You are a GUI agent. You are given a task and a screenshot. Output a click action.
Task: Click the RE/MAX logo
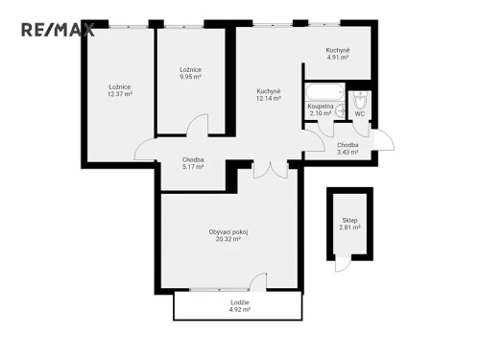coord(58,29)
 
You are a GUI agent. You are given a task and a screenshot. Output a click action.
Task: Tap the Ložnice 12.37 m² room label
coord(120,91)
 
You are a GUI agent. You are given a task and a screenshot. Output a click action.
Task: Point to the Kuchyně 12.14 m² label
coord(268,95)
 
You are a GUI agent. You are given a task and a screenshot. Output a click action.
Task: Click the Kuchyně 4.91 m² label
coord(337,54)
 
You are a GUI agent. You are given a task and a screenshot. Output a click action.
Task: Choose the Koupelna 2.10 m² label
coord(320,110)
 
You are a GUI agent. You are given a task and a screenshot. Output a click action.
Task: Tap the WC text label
coord(359,114)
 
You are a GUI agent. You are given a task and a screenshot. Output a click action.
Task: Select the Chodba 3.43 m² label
coord(347,148)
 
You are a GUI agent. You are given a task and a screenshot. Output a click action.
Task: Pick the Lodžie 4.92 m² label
coord(240,306)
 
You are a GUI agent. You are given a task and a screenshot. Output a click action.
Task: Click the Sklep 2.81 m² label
coord(349,225)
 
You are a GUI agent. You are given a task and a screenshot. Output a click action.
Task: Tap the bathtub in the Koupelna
coord(319,94)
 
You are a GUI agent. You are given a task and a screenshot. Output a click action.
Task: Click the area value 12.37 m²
coord(120,95)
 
